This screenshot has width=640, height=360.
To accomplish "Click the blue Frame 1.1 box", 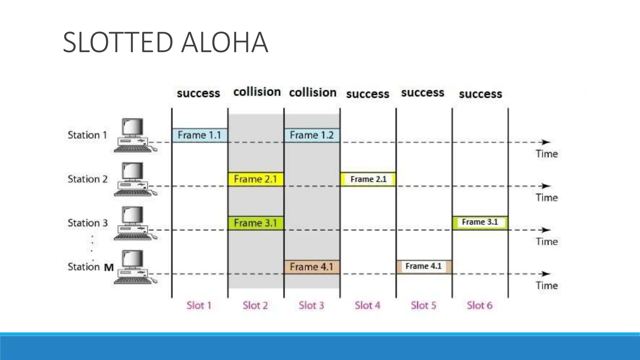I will point(200,135).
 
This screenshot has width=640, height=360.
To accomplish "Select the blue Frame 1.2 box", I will point(312,135).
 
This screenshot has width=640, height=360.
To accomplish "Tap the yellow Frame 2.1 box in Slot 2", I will point(256,179).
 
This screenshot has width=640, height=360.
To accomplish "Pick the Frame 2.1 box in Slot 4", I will point(368,179).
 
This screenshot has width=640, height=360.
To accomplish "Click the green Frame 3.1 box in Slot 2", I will point(256,223).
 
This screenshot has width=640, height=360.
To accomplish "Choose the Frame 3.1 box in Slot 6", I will point(480,222).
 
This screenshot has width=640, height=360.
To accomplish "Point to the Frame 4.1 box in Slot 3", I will point(312,267).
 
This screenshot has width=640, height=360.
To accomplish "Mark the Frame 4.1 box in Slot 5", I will point(424,267).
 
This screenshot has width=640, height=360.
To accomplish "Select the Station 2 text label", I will point(87,179).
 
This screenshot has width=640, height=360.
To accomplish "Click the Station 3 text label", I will point(87,223).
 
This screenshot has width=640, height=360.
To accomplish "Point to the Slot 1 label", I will point(199,305).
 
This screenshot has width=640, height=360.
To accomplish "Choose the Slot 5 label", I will point(423,305).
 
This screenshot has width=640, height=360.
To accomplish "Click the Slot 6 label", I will point(480,305).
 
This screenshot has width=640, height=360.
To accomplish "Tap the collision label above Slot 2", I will point(257,92).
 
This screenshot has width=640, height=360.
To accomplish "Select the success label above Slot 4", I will point(367,94).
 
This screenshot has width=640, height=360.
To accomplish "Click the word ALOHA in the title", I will point(224,42).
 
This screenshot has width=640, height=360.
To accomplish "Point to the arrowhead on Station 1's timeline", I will point(546,142).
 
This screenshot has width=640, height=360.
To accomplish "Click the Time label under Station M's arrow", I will point(547,286).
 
